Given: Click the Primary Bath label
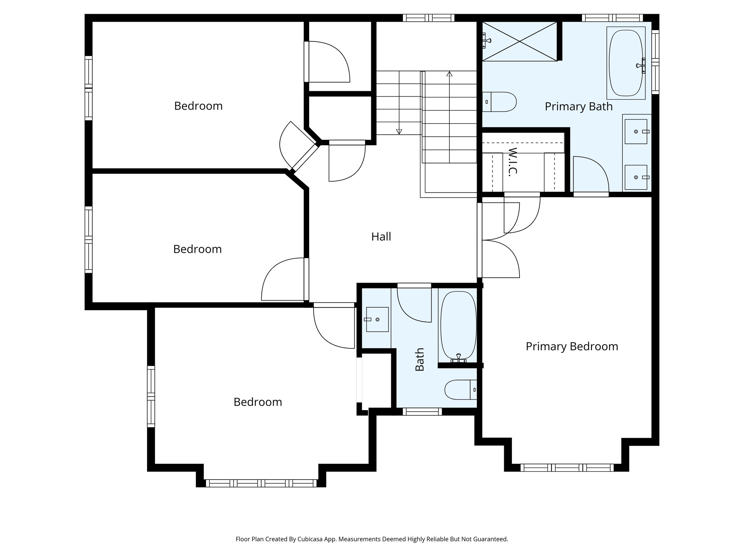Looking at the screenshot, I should pyautogui.click(x=578, y=106).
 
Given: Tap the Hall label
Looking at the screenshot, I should pyautogui.click(x=381, y=236).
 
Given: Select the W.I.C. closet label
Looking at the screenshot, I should pyautogui.click(x=512, y=162).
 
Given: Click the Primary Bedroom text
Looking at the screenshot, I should pyautogui.click(x=571, y=346).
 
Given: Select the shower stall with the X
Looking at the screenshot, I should pyautogui.click(x=519, y=41).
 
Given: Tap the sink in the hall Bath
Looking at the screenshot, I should pyautogui.click(x=377, y=319).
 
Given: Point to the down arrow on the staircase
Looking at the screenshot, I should pyautogui.click(x=399, y=132).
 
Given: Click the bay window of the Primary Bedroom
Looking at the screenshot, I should pyautogui.click(x=567, y=468).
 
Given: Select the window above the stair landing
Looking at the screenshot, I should pyautogui.click(x=429, y=18).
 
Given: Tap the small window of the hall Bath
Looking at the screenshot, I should pyautogui.click(x=422, y=412).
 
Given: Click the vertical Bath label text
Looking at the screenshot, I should pyautogui.click(x=420, y=359).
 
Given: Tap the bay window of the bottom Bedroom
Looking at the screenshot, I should pyautogui.click(x=261, y=483).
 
